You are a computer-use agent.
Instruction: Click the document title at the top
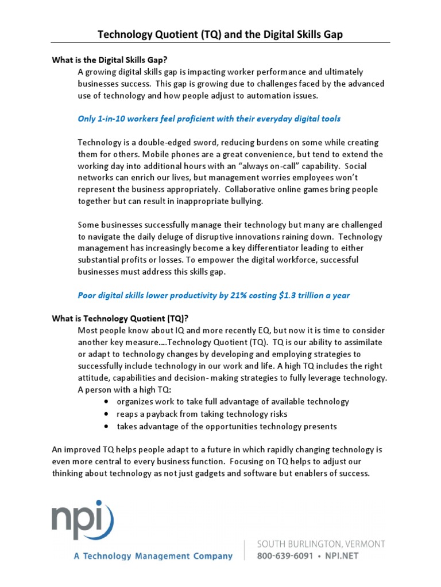(220, 34)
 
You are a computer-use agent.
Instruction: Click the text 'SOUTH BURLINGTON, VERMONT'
(321, 543)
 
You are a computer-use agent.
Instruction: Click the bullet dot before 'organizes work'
(108, 402)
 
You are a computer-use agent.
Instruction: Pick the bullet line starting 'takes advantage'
(227, 426)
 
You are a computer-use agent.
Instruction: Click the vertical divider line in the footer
(245, 549)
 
